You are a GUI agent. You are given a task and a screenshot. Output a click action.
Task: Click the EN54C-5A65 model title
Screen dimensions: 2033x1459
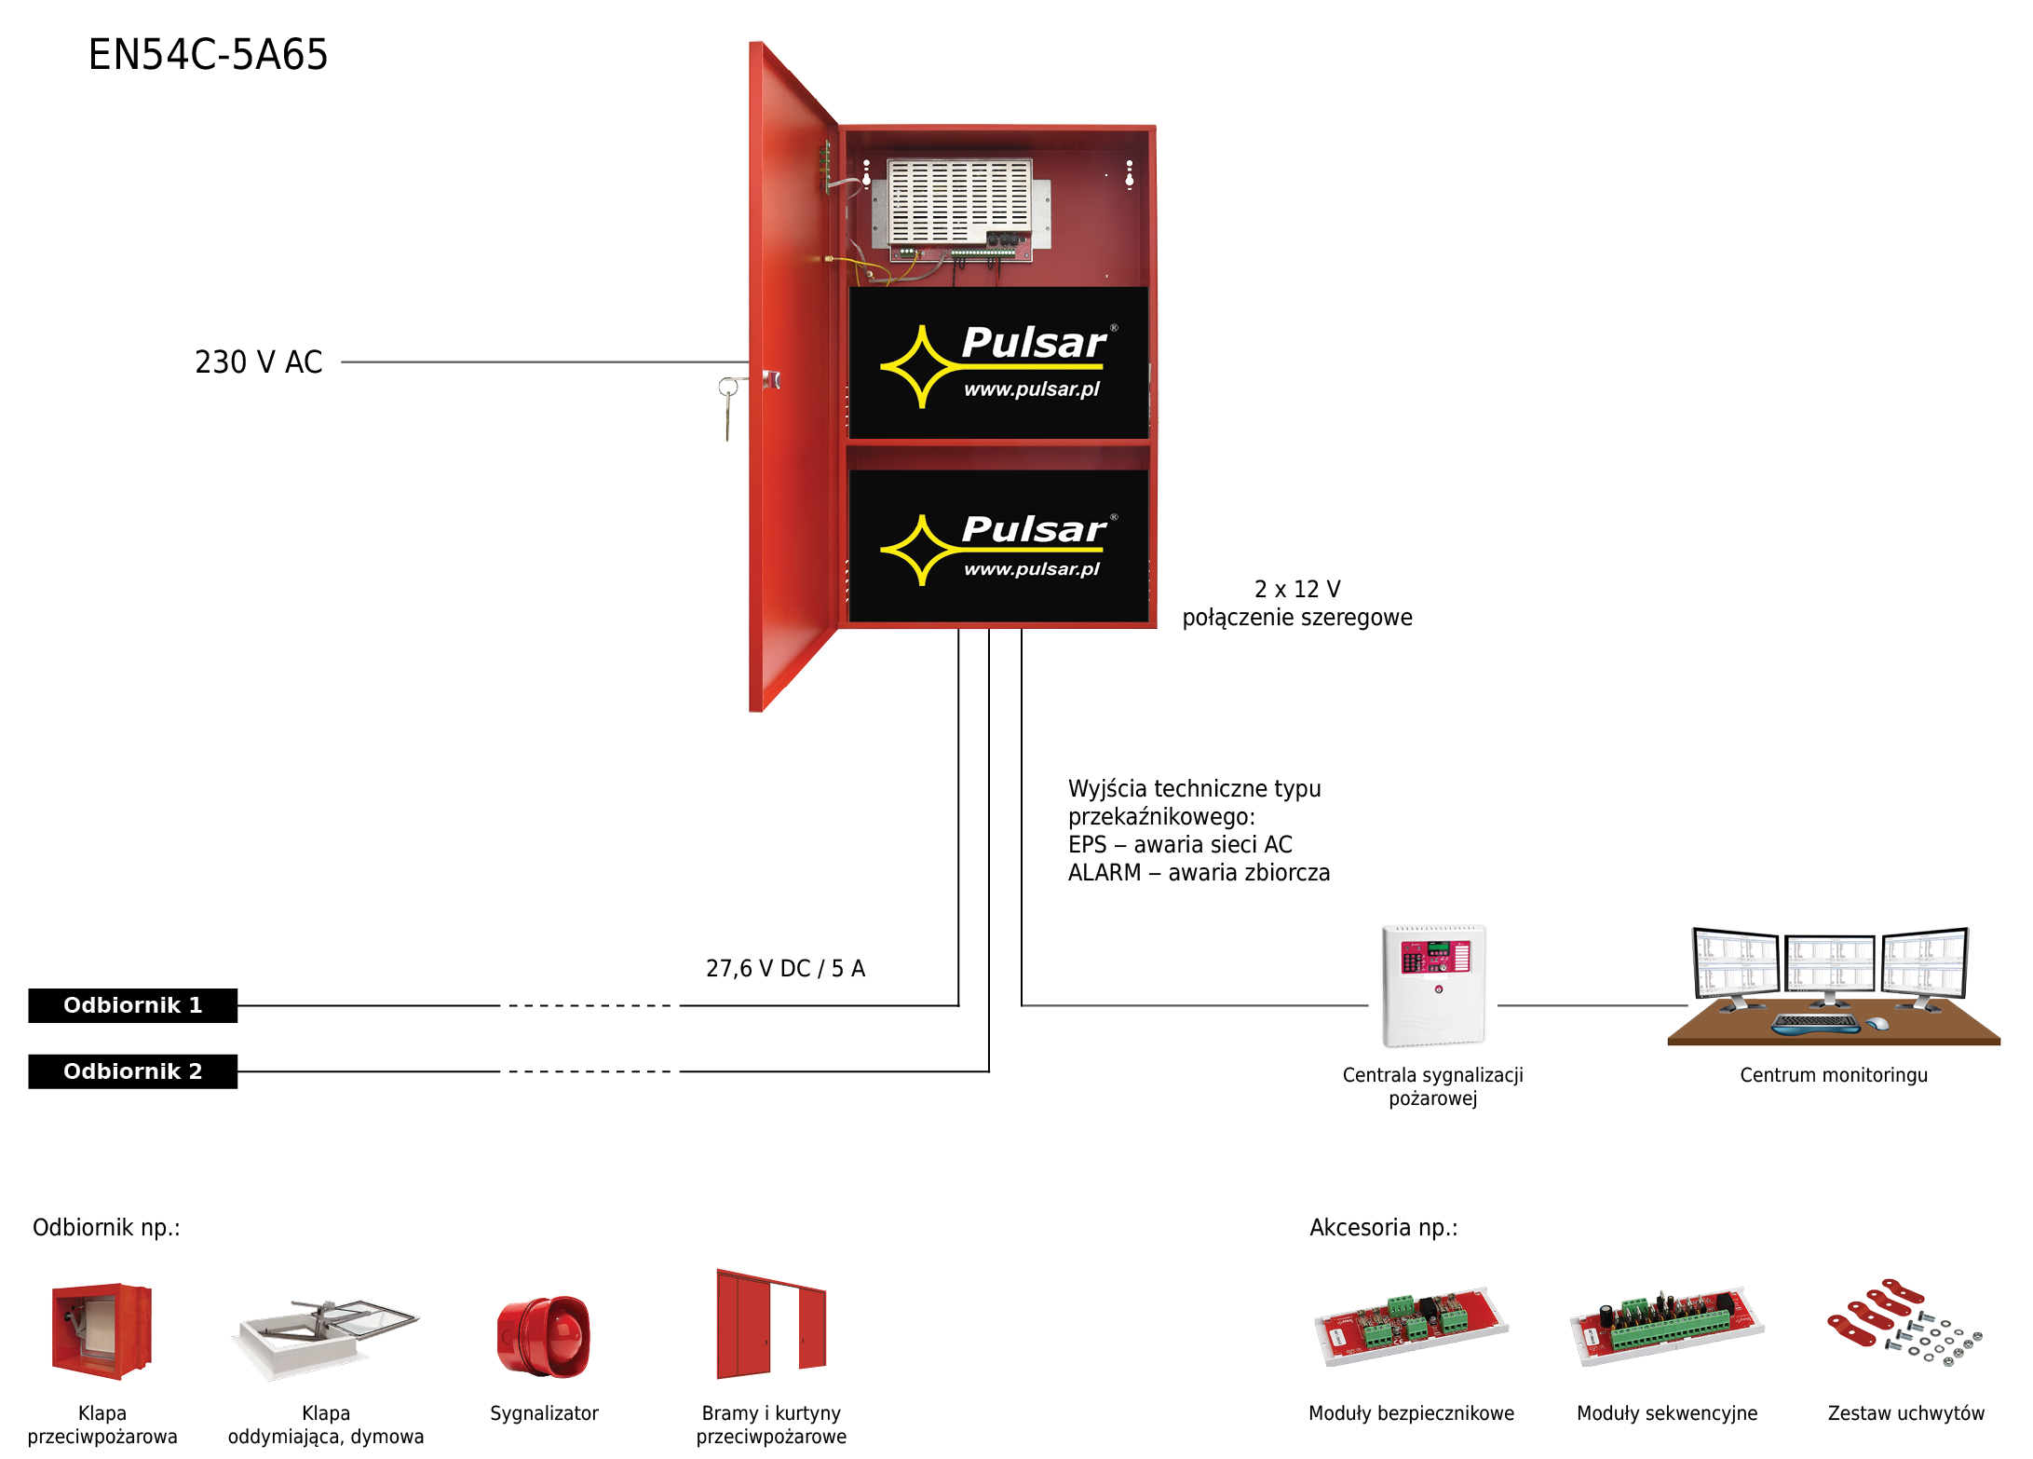(x=208, y=55)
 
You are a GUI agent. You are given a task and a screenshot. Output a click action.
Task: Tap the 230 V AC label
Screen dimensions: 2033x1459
(x=259, y=361)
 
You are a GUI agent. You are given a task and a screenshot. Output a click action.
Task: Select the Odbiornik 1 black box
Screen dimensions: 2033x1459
(x=132, y=1005)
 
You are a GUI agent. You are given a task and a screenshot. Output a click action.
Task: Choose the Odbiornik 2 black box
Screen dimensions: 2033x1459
(x=132, y=1071)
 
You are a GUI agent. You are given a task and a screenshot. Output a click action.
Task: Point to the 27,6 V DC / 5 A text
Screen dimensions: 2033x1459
(x=786, y=969)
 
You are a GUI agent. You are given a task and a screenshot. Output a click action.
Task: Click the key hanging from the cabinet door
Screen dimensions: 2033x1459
(x=728, y=407)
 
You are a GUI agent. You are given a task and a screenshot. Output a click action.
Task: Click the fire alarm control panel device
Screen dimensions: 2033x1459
(x=1433, y=986)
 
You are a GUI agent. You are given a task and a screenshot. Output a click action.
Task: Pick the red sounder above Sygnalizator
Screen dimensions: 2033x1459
(x=544, y=1336)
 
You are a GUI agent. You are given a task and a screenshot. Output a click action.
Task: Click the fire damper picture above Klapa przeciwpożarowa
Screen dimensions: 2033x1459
(x=102, y=1330)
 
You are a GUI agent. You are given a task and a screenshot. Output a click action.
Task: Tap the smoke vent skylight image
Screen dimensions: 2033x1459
(x=325, y=1338)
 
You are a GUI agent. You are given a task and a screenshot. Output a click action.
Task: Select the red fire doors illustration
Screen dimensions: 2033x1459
(x=771, y=1324)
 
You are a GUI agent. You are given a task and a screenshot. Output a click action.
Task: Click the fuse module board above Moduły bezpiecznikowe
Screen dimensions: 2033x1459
(x=1410, y=1326)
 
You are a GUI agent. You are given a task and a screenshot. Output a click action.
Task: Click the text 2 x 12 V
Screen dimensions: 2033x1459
(x=1297, y=589)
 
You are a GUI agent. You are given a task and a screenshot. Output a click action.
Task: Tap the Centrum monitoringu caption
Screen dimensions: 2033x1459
(x=1834, y=1075)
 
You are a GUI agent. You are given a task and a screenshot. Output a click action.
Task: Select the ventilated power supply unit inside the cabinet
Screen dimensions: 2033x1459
(x=960, y=206)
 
